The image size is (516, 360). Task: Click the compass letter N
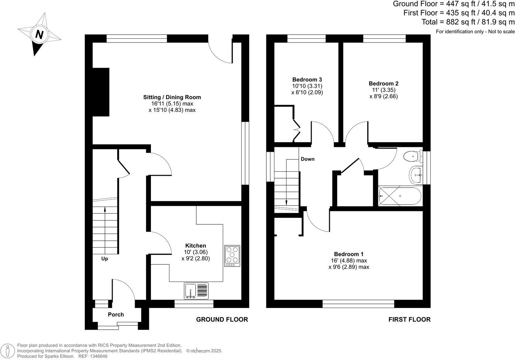[39, 35]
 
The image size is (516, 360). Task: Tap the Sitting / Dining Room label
[172, 97]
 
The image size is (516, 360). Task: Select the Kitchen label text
[195, 246]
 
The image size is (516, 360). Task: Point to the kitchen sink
[196, 291]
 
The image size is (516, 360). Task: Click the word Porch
[116, 314]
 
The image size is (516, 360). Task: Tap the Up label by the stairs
[105, 258]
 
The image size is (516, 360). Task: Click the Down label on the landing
[308, 159]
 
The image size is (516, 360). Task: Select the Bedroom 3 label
[307, 80]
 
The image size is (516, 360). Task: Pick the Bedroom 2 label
[384, 83]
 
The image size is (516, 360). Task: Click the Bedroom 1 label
[349, 254]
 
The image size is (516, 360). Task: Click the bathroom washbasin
[416, 174]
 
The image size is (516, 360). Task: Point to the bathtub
[400, 196]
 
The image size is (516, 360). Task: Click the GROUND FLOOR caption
[222, 319]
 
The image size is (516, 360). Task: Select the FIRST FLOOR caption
[409, 319]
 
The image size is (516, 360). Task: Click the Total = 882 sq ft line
[468, 22]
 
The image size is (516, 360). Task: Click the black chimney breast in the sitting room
[101, 92]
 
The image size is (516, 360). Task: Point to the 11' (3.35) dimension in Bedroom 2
[384, 90]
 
